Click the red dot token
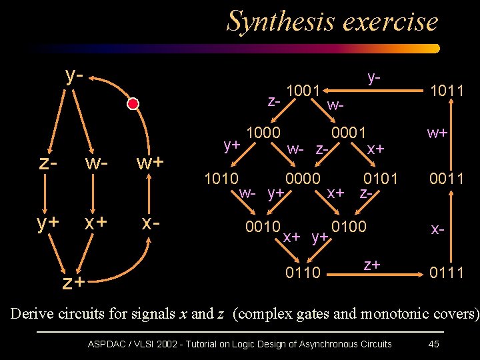pyautogui.click(x=133, y=103)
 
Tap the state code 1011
pyautogui.click(x=447, y=90)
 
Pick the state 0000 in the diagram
pyautogui.click(x=303, y=178)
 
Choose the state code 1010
pyautogui.click(x=221, y=178)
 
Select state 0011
pyautogui.click(x=447, y=178)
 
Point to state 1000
pyautogui.click(x=263, y=133)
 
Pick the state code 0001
pyautogui.click(x=349, y=133)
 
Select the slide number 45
pyautogui.click(x=434, y=344)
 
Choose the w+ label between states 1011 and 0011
pyautogui.click(x=437, y=133)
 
